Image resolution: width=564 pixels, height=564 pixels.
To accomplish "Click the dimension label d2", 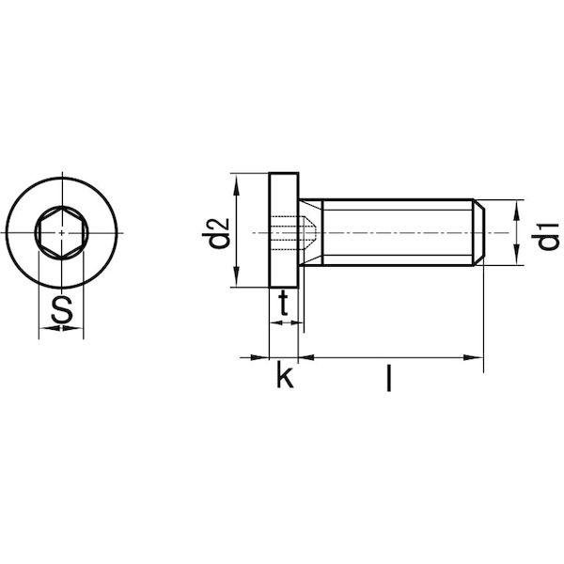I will point(218,234).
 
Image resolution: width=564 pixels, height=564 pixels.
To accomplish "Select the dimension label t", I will point(284,302).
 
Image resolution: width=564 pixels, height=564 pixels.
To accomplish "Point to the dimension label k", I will point(284,378).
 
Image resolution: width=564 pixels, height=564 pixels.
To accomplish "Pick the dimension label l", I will point(387,379).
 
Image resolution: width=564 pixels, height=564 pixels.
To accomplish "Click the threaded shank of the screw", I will point(395,231).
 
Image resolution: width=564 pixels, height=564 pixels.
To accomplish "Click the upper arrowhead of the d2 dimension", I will point(239,181).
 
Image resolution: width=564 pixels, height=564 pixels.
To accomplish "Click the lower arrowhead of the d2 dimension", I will point(239,281).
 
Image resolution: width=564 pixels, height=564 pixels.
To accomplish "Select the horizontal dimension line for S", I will point(61,330).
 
